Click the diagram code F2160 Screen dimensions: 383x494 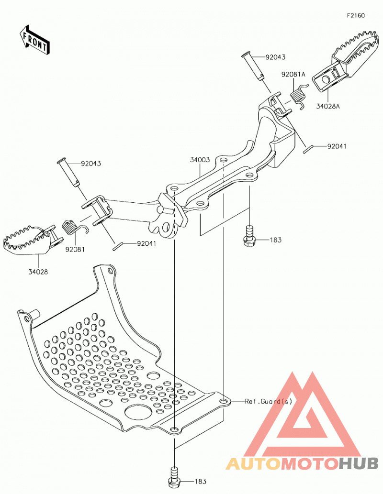(x=356, y=15)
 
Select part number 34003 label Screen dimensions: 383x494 (x=200, y=160)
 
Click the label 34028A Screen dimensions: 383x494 (x=328, y=106)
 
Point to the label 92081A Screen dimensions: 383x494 (x=293, y=75)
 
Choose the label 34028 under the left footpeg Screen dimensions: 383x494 (x=38, y=272)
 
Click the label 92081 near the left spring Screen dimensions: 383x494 (x=75, y=250)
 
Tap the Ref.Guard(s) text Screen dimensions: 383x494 (x=269, y=401)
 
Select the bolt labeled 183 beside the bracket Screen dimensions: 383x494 (x=249, y=236)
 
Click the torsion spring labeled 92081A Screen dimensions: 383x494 (x=298, y=96)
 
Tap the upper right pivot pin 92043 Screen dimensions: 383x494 (x=253, y=67)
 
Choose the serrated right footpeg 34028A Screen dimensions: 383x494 (x=345, y=60)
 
